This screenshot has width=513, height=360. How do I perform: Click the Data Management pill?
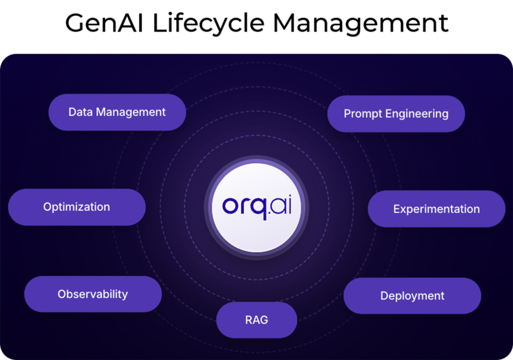click(117, 112)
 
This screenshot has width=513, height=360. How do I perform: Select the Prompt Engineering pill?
click(396, 114)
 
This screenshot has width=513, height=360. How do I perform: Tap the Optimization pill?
click(77, 207)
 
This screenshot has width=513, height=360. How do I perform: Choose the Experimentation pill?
click(436, 209)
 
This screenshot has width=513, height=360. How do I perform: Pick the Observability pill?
click(93, 294)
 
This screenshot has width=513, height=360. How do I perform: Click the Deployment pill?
click(412, 295)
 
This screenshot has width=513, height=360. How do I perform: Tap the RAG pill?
click(257, 320)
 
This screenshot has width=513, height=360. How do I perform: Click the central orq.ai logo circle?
click(256, 208)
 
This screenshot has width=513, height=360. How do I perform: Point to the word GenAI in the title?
click(104, 23)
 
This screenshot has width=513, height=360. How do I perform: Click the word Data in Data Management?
click(81, 112)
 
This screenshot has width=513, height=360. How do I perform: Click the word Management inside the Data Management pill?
click(131, 113)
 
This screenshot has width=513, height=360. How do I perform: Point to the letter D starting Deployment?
click(384, 295)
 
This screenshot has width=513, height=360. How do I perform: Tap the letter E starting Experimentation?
click(397, 209)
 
